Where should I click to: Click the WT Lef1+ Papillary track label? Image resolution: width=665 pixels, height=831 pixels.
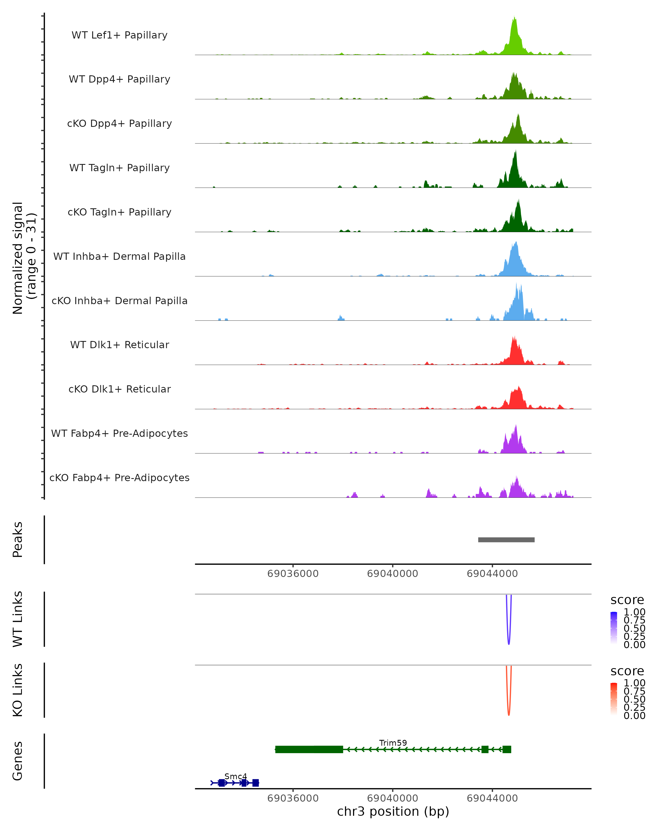point(119,35)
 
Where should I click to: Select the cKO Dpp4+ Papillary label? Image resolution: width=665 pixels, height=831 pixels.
point(119,124)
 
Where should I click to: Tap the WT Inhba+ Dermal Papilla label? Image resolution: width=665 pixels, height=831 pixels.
point(119,257)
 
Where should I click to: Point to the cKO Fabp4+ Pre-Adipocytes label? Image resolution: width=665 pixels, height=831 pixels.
point(119,478)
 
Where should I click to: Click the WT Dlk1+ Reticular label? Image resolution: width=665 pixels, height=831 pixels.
point(119,345)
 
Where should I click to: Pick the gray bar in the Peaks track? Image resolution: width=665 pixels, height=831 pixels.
point(506,540)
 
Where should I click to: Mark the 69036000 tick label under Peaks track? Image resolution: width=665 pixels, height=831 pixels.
point(293,574)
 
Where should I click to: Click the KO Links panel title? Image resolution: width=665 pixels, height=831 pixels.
point(18,690)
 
